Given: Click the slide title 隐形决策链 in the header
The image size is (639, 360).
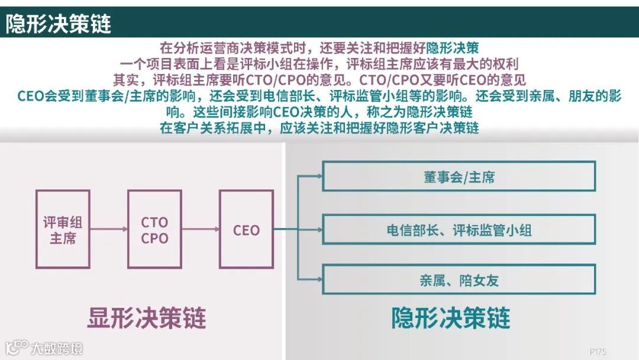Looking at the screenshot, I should click(x=59, y=24).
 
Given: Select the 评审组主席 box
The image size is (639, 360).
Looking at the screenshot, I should click(x=63, y=229).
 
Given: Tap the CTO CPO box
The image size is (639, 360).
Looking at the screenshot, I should click(x=154, y=229).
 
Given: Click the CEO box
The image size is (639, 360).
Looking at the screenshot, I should click(x=246, y=229).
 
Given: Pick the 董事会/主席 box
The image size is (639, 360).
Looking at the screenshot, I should click(x=459, y=176).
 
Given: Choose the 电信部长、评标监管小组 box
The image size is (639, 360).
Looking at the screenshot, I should click(x=459, y=230).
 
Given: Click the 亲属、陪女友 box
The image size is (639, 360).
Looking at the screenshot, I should click(x=459, y=279).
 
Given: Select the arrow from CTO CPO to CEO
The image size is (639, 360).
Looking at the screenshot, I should click(x=201, y=229).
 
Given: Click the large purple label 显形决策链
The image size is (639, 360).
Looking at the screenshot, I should click(x=147, y=318).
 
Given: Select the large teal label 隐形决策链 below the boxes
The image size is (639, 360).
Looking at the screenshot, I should click(x=451, y=318).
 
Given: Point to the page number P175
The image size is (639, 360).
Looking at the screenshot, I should click(x=598, y=351).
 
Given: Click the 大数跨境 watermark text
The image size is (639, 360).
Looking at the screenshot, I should click(x=57, y=348).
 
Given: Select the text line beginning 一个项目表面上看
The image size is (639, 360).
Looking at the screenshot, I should click(x=319, y=63).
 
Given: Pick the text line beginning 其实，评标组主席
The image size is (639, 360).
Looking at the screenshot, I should click(x=319, y=79).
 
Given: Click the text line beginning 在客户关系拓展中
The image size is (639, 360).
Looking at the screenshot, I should click(x=319, y=127).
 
